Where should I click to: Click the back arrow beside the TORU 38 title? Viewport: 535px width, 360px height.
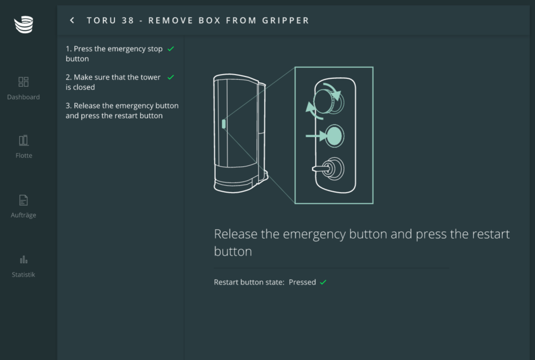click(x=72, y=21)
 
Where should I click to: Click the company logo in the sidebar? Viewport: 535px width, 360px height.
click(x=23, y=25)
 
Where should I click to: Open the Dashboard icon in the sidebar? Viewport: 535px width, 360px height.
click(x=23, y=82)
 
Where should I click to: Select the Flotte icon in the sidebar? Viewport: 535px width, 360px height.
click(x=23, y=140)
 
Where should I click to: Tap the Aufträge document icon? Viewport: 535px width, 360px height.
click(x=23, y=200)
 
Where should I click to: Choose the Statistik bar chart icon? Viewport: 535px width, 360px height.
click(x=23, y=260)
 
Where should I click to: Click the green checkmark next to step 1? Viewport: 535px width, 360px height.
click(x=170, y=49)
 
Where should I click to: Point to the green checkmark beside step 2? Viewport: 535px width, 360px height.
click(x=170, y=77)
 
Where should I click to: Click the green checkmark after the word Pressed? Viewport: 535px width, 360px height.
click(x=323, y=282)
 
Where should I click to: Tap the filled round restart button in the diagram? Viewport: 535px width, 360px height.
click(x=334, y=136)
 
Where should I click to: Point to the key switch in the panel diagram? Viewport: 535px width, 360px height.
click(x=329, y=169)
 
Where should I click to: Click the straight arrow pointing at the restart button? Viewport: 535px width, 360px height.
click(x=316, y=136)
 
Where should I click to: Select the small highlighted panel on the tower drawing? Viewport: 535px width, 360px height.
click(x=224, y=124)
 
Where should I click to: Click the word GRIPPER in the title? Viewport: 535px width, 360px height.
click(x=286, y=21)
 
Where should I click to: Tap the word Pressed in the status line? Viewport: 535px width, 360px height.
click(x=302, y=282)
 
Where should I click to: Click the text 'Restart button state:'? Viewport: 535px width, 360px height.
click(x=249, y=282)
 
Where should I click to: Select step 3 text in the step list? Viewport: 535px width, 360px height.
click(x=122, y=111)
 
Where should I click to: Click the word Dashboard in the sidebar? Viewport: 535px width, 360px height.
click(x=23, y=97)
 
